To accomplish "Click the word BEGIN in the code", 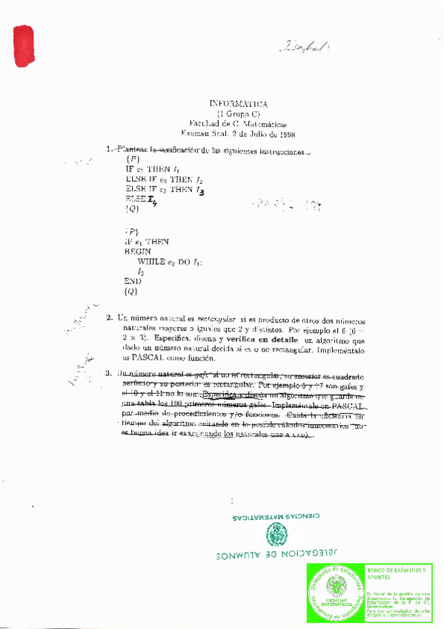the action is (x=138, y=251).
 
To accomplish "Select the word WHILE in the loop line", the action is (x=153, y=262).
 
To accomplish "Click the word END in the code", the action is (x=133, y=282).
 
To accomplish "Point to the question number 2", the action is (x=109, y=318).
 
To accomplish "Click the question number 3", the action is (x=109, y=373).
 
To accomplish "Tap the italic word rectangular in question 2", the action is (x=220, y=318).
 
